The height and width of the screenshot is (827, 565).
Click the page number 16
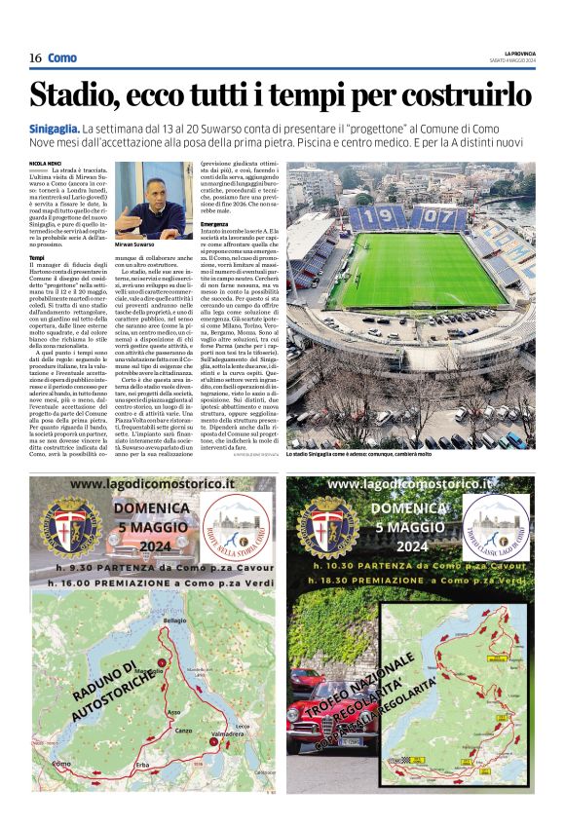34,57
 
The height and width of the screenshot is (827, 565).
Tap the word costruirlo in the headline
468,95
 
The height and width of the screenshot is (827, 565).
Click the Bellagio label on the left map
174,620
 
